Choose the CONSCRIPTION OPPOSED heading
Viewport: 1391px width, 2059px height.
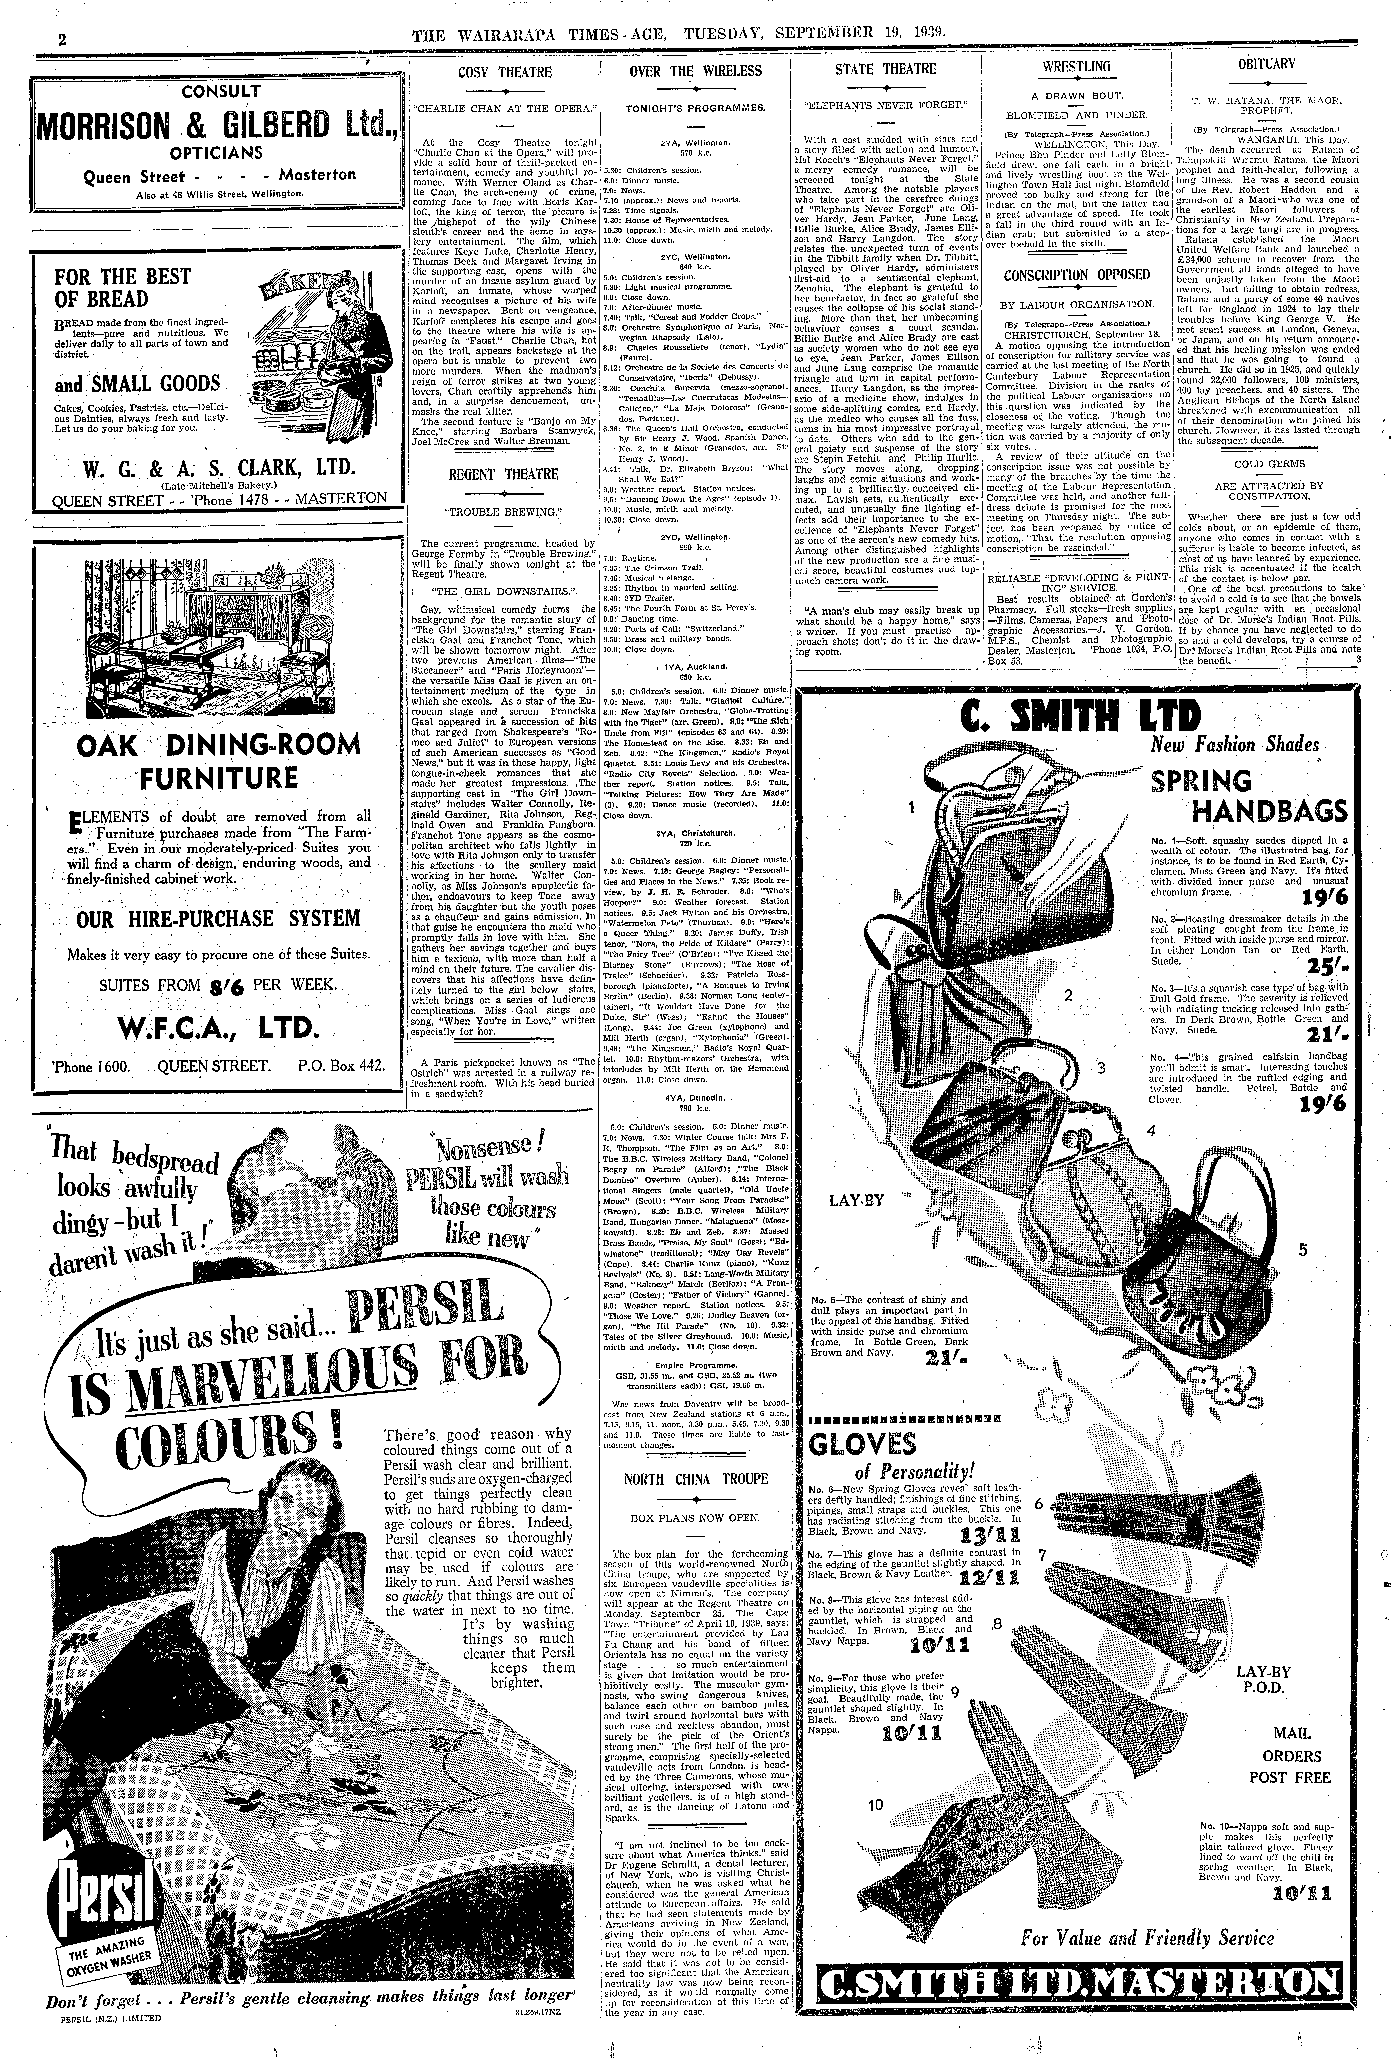(1077, 276)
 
